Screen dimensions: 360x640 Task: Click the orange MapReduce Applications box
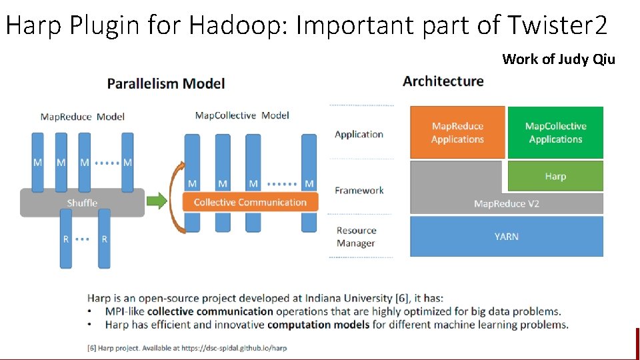click(457, 133)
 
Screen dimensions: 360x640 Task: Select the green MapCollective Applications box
click(555, 133)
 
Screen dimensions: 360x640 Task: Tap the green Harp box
click(555, 177)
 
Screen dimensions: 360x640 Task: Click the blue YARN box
click(506, 237)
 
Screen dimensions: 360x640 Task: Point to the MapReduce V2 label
click(506, 204)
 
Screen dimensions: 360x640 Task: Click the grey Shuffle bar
click(82, 203)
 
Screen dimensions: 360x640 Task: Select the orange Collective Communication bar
click(250, 202)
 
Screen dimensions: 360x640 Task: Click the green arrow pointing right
click(157, 201)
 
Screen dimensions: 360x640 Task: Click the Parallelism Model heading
click(166, 84)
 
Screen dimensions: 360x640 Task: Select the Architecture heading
click(443, 81)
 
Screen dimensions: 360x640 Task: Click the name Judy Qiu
click(587, 59)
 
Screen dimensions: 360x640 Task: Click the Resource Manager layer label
click(356, 237)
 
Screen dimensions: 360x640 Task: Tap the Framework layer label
click(359, 191)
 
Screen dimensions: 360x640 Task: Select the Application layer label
click(359, 135)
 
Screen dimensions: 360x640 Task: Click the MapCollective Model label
click(242, 116)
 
